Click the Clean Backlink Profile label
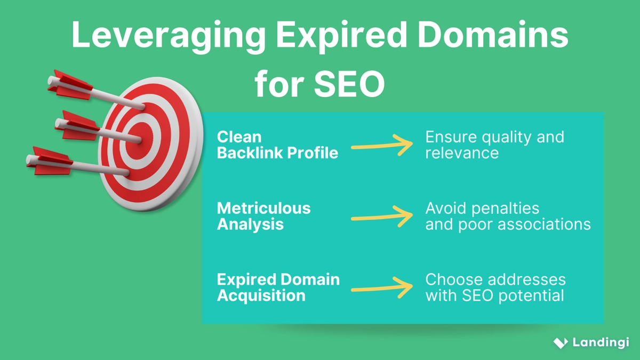coord(277,145)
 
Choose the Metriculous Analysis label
coord(263,216)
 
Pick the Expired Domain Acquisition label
coord(278,287)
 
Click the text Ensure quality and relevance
coord(494,145)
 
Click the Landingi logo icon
coord(560,342)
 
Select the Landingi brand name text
coord(601,342)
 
